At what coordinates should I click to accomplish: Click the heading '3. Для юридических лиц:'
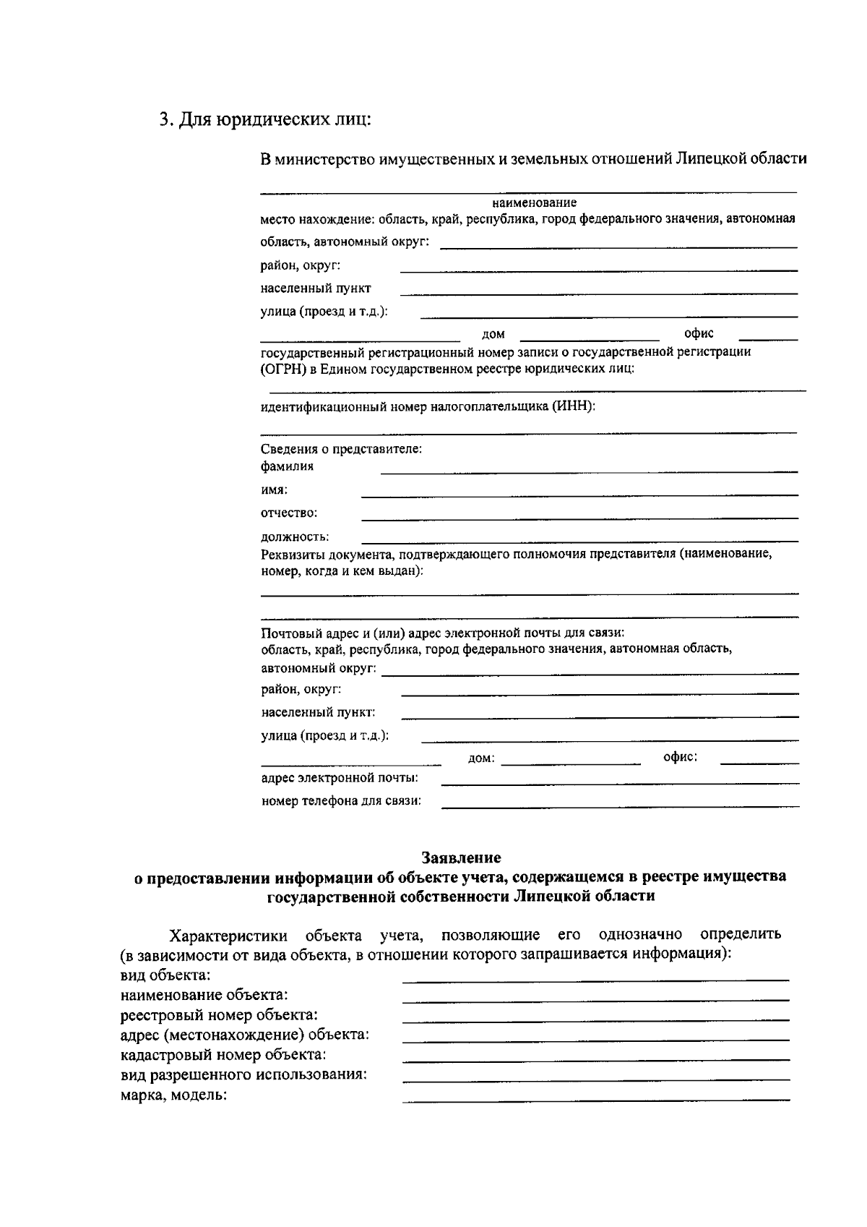click(264, 119)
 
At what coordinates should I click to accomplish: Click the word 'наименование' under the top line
click(534, 203)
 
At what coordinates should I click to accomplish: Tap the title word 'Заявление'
click(461, 858)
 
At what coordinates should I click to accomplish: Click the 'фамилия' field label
click(287, 466)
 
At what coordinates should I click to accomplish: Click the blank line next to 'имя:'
click(579, 495)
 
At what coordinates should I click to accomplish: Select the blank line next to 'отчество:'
click(579, 518)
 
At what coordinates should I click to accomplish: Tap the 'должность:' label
click(295, 537)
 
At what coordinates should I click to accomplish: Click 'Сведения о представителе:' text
click(341, 449)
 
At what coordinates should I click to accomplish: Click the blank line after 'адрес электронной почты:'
click(620, 783)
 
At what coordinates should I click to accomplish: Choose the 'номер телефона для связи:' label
click(341, 801)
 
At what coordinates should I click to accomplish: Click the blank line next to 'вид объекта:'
click(595, 980)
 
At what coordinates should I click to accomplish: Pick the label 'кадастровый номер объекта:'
click(223, 1055)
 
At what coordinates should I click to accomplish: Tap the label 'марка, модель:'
click(173, 1095)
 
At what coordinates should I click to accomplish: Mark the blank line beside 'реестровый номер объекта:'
click(595, 1019)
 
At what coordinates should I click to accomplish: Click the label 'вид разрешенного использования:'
click(243, 1074)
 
